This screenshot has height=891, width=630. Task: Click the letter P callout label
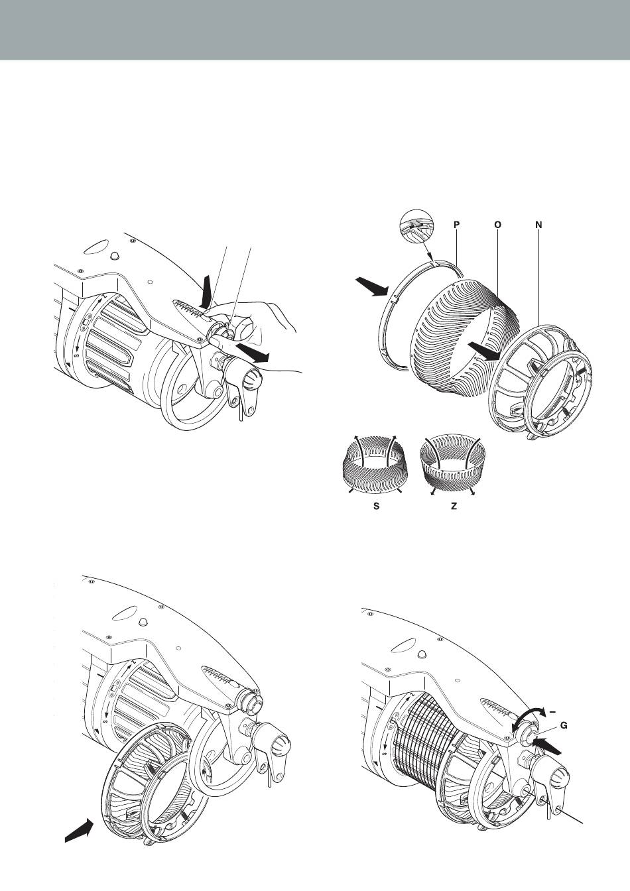456,225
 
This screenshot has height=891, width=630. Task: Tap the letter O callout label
497,225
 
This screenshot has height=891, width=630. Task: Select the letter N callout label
538,225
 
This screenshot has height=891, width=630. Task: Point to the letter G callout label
564,725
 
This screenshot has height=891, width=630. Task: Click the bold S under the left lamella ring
377,506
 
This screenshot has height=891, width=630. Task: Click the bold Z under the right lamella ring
454,506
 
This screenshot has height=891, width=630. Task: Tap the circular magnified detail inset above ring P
416,225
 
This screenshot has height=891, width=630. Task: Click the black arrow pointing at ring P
371,288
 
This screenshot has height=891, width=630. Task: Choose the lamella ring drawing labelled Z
454,465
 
